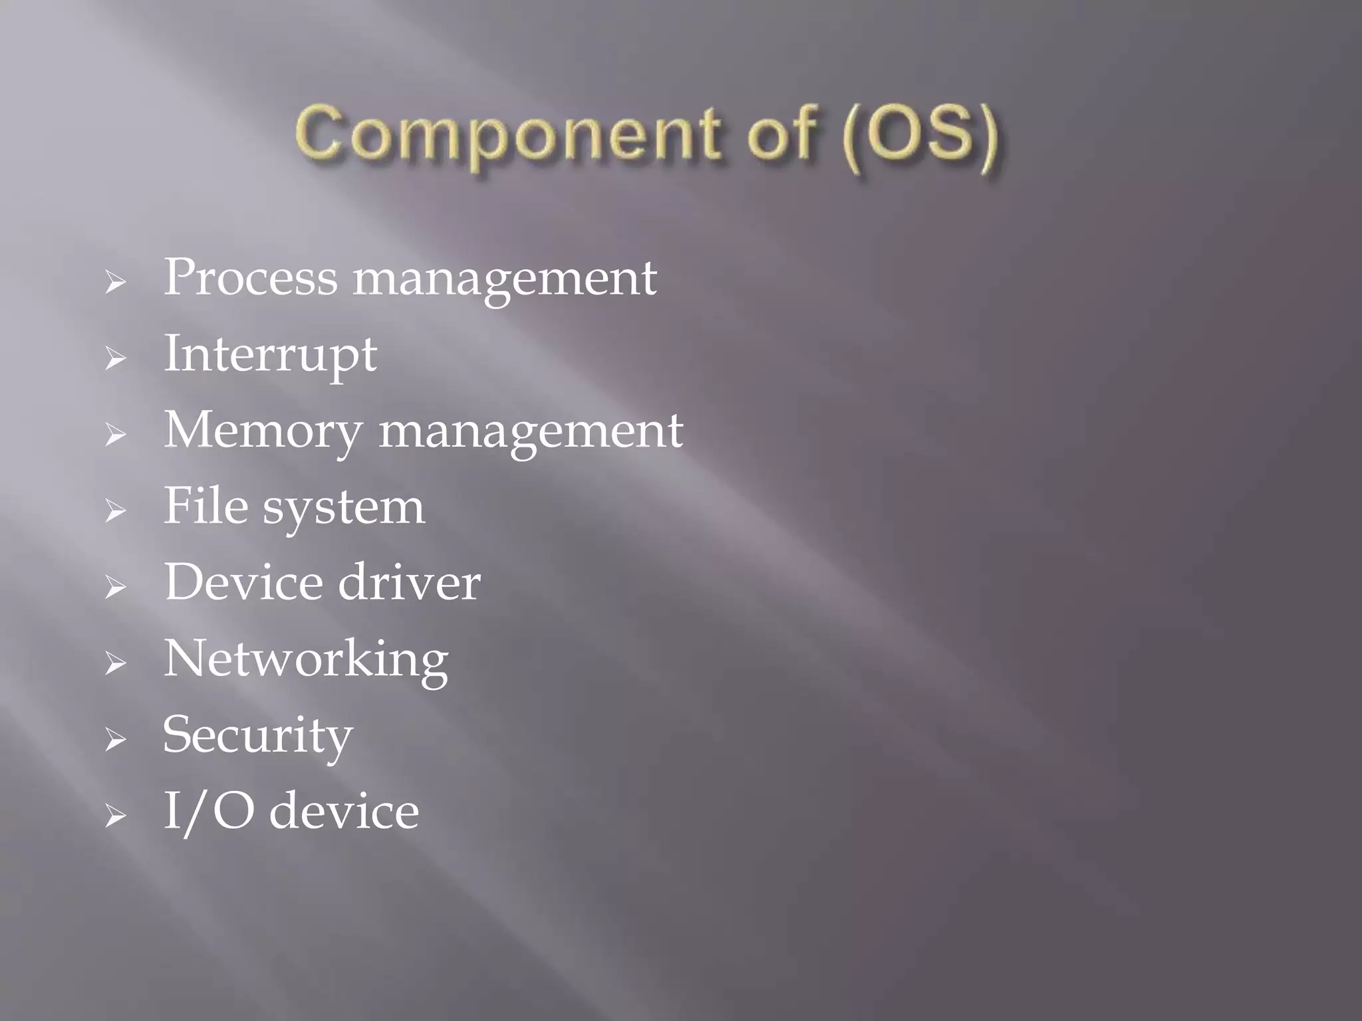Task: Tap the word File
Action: [x=205, y=506]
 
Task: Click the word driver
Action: [x=409, y=582]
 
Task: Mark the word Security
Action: [x=258, y=737]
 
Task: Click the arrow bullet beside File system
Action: [x=115, y=511]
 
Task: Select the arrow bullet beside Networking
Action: [x=115, y=663]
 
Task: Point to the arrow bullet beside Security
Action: [x=115, y=740]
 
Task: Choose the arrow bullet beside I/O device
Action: [x=115, y=816]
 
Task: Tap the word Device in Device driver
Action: [x=243, y=582]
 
